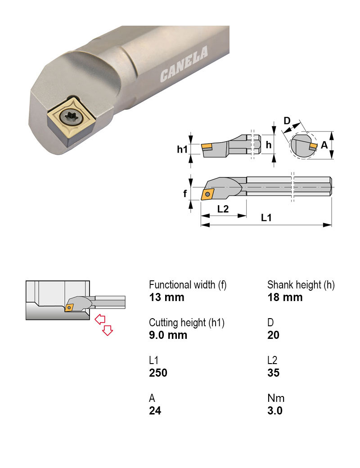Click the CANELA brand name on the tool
click(x=184, y=64)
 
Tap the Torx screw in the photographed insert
click(x=71, y=117)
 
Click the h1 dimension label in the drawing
click(x=182, y=149)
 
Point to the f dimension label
click(x=185, y=193)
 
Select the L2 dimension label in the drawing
click(x=223, y=209)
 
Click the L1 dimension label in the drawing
click(x=266, y=218)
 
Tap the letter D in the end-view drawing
click(x=287, y=121)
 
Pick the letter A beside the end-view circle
click(x=324, y=145)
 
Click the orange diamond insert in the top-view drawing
click(x=208, y=194)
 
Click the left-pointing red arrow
click(x=100, y=319)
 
